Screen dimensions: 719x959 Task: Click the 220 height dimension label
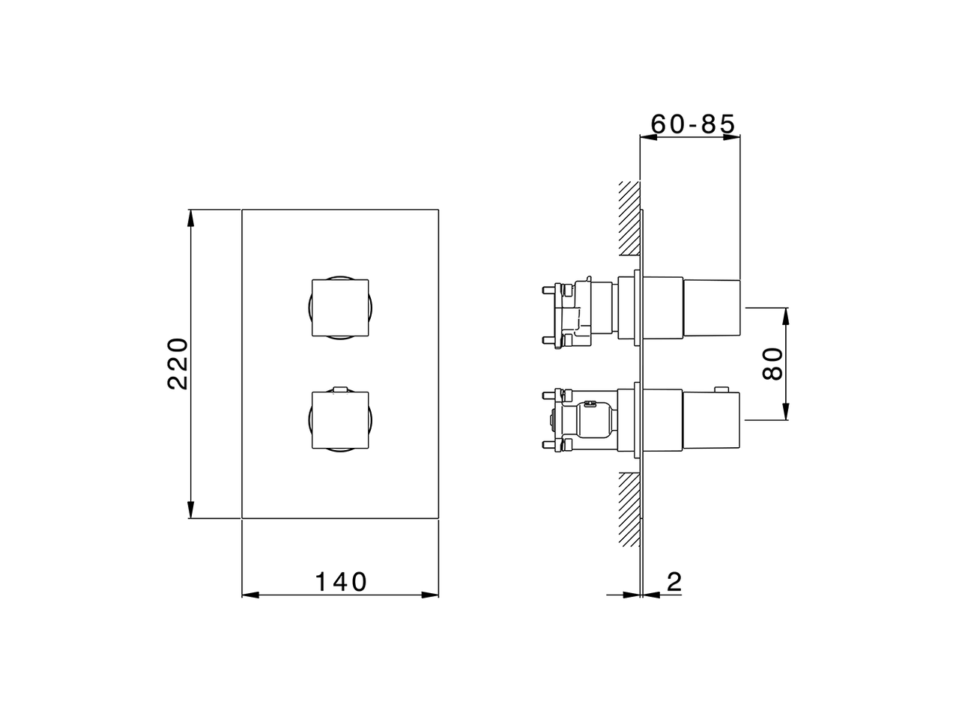(178, 363)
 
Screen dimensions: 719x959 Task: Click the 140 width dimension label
(340, 582)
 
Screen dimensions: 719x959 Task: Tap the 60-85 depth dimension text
(692, 123)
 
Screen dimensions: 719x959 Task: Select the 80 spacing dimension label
(772, 364)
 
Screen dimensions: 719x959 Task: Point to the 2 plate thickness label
(674, 582)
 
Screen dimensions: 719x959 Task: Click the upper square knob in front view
(340, 309)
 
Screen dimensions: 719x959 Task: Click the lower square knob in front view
(340, 421)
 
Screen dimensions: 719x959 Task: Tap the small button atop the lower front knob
(340, 389)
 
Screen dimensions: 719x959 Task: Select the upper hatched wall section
(628, 217)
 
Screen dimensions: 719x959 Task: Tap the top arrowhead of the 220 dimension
(191, 217)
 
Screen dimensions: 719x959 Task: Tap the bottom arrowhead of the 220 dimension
(191, 510)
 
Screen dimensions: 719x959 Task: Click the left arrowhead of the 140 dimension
(249, 595)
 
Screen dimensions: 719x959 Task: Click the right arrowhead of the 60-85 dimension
(733, 136)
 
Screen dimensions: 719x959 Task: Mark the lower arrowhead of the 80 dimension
(785, 413)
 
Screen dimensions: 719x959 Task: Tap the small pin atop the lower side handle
(721, 389)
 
